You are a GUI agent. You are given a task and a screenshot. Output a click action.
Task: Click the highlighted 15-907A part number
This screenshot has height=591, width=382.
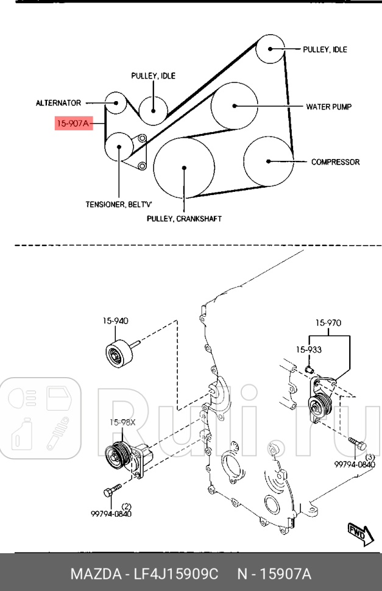click(x=73, y=124)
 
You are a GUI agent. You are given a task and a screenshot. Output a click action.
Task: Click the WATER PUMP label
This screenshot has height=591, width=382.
click(x=328, y=106)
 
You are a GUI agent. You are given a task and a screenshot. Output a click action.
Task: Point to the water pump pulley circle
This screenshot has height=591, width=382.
click(x=234, y=106)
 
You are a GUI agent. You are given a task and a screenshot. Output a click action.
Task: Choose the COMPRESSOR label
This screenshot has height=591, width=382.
click(x=335, y=162)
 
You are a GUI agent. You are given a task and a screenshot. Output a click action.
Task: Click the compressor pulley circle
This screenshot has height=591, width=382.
click(x=267, y=161)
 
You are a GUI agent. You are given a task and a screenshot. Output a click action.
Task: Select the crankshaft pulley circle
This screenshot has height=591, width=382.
click(x=183, y=168)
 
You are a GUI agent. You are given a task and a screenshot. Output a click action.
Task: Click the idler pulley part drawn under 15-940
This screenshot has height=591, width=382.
click(x=117, y=355)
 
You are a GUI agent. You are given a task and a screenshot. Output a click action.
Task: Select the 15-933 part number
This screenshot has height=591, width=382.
click(x=309, y=350)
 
